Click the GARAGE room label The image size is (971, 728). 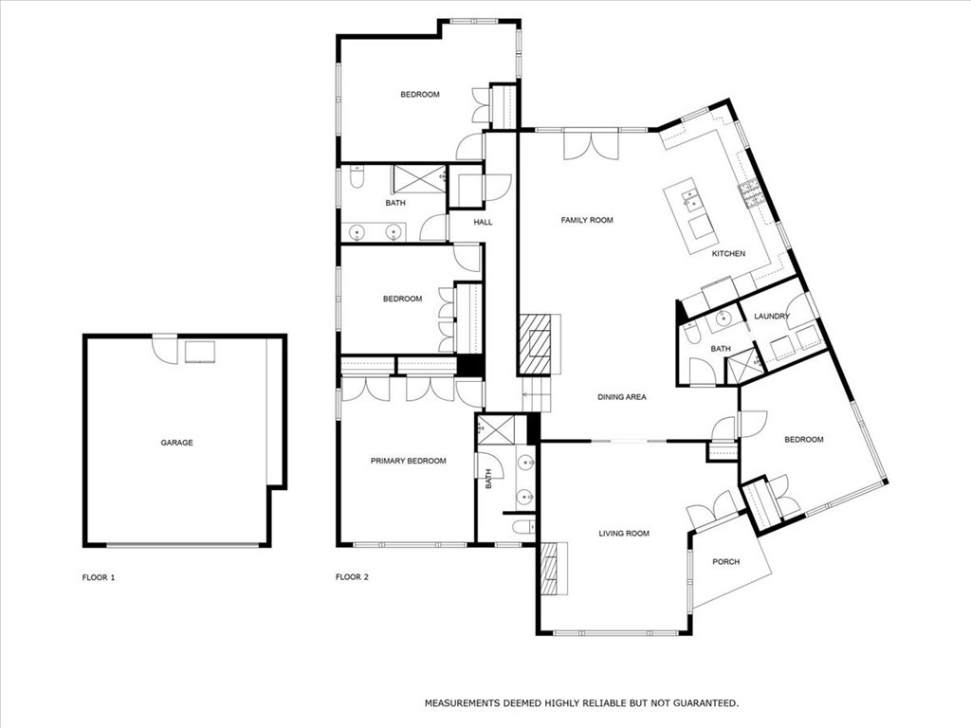pos(176,443)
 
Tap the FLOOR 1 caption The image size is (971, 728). pos(99,577)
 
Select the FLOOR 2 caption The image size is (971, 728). pos(352,577)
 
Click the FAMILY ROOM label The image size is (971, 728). pos(587,220)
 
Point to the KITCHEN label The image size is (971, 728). pos(728,254)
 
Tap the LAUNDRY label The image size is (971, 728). pos(771,317)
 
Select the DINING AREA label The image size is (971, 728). pos(621,397)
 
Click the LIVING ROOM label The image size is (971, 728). pos(624,534)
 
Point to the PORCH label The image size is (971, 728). pos(726,562)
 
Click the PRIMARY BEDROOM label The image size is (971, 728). pos(408,461)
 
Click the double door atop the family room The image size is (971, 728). pos(590,146)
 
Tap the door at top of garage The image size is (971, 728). pos(165,348)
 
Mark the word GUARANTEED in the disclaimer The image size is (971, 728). pos(702,703)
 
